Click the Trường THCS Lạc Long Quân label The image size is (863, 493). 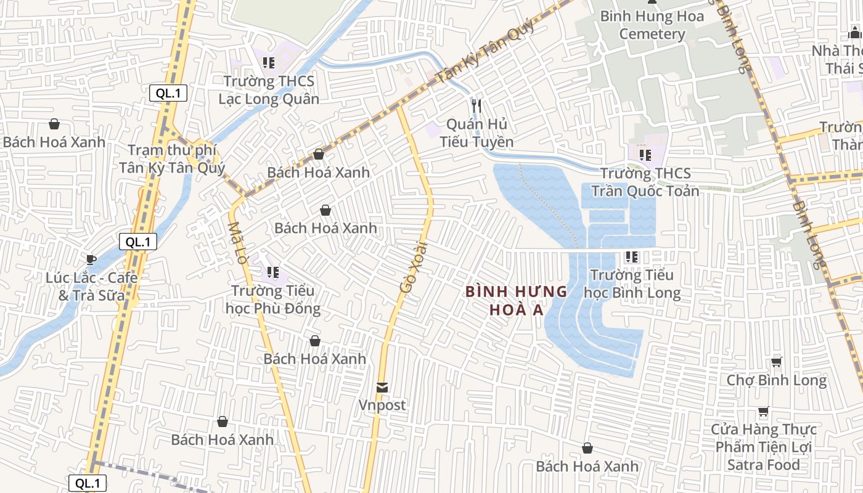(269, 90)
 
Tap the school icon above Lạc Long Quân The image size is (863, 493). (268, 62)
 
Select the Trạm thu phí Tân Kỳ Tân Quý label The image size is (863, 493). (172, 159)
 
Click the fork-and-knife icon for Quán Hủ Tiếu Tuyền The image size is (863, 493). (476, 105)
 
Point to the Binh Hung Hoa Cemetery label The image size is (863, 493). (652, 25)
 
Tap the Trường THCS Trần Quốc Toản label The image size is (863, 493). (645, 182)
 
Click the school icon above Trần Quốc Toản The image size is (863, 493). (645, 155)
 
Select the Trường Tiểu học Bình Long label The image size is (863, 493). (632, 283)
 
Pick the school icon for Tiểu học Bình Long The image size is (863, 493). (631, 256)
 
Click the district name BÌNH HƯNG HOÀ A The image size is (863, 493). (517, 300)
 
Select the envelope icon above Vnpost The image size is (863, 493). (382, 387)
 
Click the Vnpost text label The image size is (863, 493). (382, 405)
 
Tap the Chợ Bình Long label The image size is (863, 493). (776, 380)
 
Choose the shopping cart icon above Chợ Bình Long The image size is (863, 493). (776, 362)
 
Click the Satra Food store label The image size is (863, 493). (764, 447)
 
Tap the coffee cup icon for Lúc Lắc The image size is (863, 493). (91, 259)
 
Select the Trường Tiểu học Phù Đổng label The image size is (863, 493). (272, 299)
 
